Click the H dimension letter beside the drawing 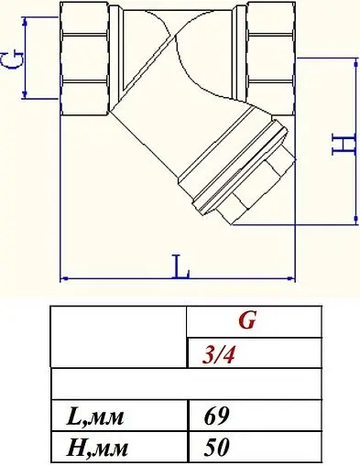[x=340, y=142]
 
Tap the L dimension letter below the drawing [x=181, y=268]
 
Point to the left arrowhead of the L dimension [x=64, y=276]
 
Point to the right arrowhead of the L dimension [x=291, y=276]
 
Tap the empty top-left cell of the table [x=116, y=336]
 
